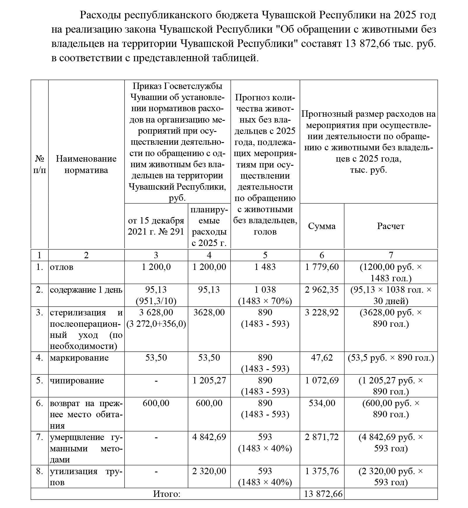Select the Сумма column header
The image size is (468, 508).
(x=322, y=226)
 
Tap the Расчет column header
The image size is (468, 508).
(x=391, y=226)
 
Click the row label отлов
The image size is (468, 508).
(x=62, y=267)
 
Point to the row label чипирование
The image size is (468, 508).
(x=77, y=380)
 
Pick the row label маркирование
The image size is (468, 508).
(x=79, y=357)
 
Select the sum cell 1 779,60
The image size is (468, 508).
(x=322, y=267)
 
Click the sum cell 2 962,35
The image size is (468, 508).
(x=322, y=289)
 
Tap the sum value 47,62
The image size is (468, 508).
(x=322, y=357)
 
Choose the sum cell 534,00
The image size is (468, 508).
(x=322, y=403)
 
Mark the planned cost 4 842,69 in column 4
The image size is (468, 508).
(x=209, y=437)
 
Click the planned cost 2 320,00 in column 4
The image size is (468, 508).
(x=209, y=471)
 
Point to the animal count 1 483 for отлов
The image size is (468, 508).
(x=265, y=267)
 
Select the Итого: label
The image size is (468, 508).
(x=167, y=494)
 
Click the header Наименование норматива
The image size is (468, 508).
(x=86, y=164)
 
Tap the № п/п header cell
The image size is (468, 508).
(x=39, y=164)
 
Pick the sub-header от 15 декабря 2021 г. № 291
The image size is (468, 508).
(x=156, y=226)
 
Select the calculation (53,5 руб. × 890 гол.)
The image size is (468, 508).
(x=391, y=357)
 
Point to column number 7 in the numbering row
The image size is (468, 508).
(x=391, y=255)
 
